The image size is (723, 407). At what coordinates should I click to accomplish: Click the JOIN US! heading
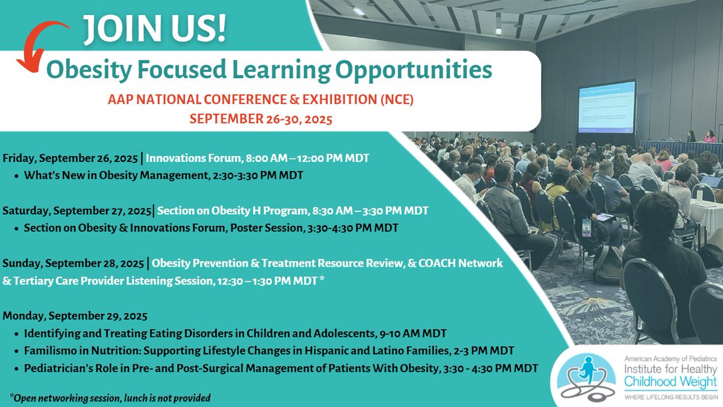coord(155,28)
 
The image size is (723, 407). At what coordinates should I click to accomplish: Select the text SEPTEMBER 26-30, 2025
coord(261,119)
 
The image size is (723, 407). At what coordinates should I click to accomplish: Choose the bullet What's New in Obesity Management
coord(163,176)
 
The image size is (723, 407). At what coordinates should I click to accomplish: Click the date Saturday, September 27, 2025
coord(77,211)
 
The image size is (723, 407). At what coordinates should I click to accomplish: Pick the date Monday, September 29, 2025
coord(75,315)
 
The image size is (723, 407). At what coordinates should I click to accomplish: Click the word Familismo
coord(50,349)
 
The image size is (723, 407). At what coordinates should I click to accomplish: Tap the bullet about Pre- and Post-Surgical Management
coord(280,367)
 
